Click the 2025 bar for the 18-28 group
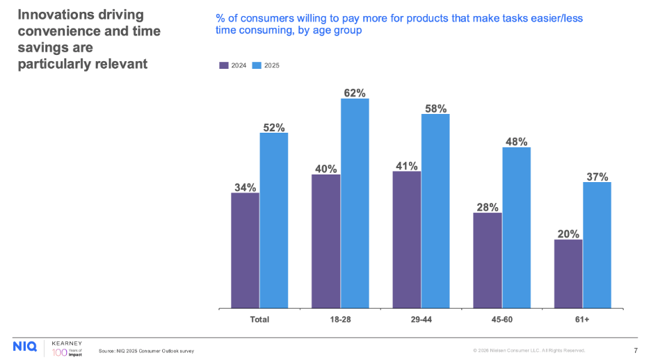(x=355, y=203)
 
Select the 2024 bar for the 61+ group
(x=568, y=274)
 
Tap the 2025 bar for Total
(x=274, y=220)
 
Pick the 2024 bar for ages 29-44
(x=407, y=239)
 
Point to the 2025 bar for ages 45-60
(x=516, y=227)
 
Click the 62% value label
(x=355, y=92)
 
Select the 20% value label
(x=568, y=234)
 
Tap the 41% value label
(x=407, y=166)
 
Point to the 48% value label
(x=516, y=141)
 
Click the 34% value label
(x=245, y=187)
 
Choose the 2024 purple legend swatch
(x=224, y=65)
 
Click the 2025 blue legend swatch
(x=257, y=65)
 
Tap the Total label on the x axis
(x=259, y=320)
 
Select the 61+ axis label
(x=583, y=320)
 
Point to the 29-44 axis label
(x=421, y=320)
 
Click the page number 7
(x=636, y=350)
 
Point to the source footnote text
(x=146, y=351)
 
